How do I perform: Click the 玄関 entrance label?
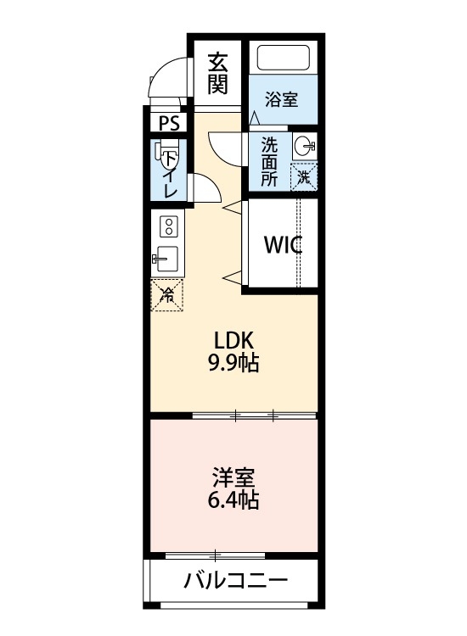tap(218, 73)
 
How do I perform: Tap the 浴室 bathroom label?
tap(281, 99)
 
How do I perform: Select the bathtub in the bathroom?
tap(283, 58)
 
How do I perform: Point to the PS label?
tap(169, 123)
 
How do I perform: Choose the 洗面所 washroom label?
tap(269, 161)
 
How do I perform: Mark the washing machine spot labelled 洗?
tap(304, 176)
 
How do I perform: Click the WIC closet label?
tap(283, 245)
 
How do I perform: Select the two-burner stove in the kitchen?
tap(168, 226)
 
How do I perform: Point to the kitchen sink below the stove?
tap(166, 259)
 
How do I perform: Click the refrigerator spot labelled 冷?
tap(168, 294)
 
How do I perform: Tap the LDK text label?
tap(233, 341)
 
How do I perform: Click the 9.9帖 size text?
tap(233, 365)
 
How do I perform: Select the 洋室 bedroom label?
tap(233, 477)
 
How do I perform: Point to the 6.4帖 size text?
tap(233, 500)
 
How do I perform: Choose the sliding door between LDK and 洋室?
tap(255, 416)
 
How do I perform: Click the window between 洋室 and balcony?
tap(217, 555)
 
